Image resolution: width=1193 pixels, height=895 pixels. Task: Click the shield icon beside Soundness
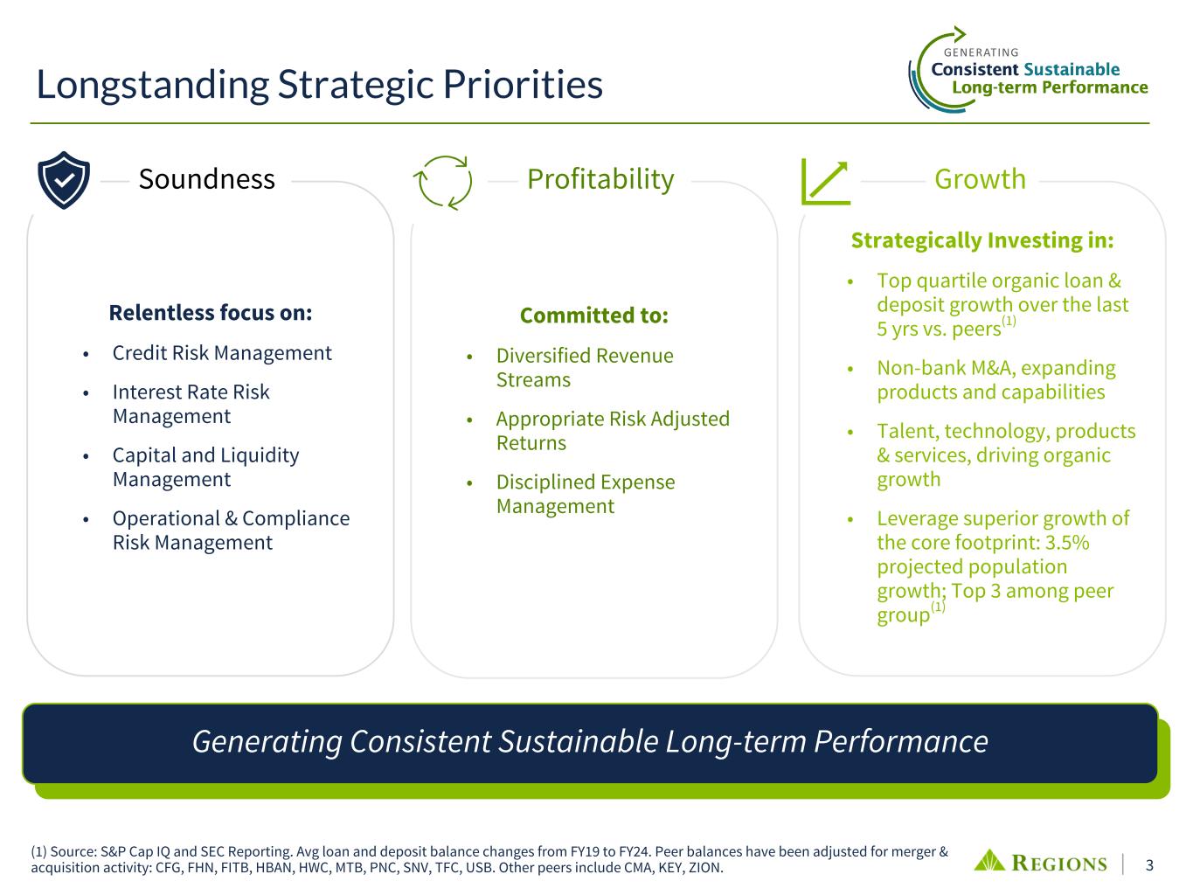[x=64, y=180]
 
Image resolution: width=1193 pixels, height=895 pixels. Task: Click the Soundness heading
[x=206, y=179]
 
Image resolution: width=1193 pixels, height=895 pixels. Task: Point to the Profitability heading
[x=600, y=179]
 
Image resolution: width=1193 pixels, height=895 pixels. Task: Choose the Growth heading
[x=980, y=179]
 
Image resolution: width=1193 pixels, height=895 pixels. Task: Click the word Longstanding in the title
[x=153, y=86]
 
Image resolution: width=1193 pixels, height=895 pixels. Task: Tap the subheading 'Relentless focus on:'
[x=211, y=312]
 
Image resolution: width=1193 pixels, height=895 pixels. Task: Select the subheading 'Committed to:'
[x=594, y=316]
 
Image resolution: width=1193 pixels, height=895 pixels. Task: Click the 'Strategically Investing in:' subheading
[x=982, y=240]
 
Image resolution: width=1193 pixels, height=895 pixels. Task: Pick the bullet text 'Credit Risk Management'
[x=222, y=353]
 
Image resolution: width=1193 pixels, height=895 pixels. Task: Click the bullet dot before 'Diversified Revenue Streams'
[x=470, y=357]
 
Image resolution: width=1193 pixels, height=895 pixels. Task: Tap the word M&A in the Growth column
[x=992, y=368]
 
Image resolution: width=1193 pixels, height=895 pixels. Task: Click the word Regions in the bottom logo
[x=1059, y=863]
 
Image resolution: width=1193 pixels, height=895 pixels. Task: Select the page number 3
[x=1149, y=864]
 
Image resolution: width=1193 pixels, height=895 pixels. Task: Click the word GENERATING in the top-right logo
[x=981, y=52]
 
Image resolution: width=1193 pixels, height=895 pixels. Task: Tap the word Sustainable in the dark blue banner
[x=579, y=741]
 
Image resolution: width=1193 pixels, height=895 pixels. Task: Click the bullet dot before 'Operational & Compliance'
[x=86, y=519]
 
